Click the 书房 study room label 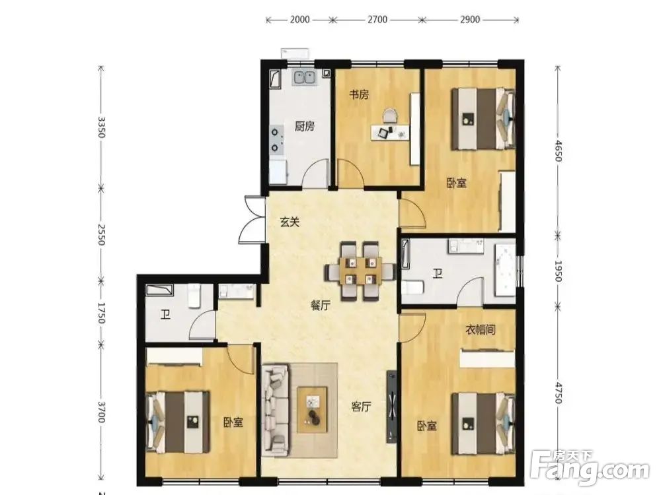tap(359, 94)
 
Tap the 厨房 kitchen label tap(304, 126)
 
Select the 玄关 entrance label tap(290, 221)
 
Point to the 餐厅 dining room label tap(321, 306)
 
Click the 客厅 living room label tap(362, 407)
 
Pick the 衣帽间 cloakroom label tap(480, 329)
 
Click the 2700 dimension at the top tap(377, 19)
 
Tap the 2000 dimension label tap(299, 19)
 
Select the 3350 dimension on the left tap(101, 127)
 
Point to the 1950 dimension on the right tap(558, 271)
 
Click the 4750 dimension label tap(558, 393)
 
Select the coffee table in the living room tap(313, 410)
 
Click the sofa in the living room tap(275, 410)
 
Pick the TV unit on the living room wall tap(391, 407)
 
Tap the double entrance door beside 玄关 tap(252, 220)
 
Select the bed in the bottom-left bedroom tap(178, 422)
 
